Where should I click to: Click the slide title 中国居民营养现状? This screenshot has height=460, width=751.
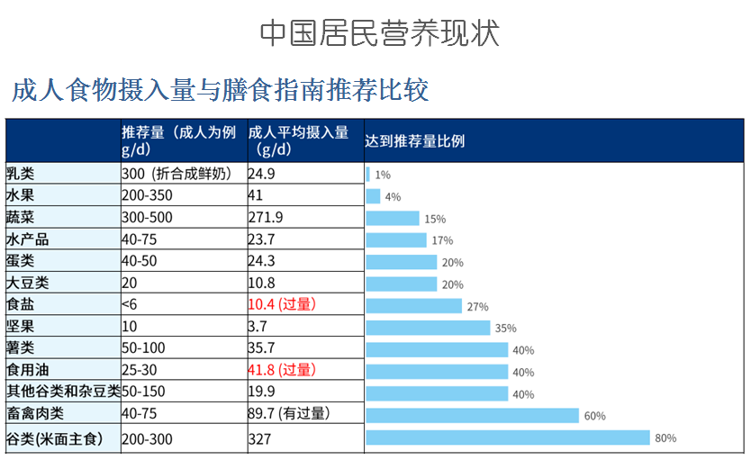point(379,33)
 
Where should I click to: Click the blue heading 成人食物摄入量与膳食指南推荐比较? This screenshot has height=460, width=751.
point(220,91)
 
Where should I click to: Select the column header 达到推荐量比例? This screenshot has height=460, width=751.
point(415,141)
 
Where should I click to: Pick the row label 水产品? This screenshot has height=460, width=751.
point(28,239)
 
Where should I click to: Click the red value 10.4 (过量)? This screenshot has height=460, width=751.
point(282,305)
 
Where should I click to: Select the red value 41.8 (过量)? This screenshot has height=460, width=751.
point(282,370)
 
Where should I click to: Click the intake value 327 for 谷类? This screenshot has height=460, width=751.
point(259,440)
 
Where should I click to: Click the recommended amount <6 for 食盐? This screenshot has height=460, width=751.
point(130,305)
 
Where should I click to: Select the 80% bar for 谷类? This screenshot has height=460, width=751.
point(507,437)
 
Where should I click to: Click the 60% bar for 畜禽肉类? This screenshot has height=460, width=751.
point(472,415)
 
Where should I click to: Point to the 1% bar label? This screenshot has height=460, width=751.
point(383,175)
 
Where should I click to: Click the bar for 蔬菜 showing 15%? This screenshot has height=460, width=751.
point(393,218)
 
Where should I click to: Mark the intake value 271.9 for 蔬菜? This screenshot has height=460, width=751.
point(266,218)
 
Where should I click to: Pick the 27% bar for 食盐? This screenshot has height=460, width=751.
point(413,306)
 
